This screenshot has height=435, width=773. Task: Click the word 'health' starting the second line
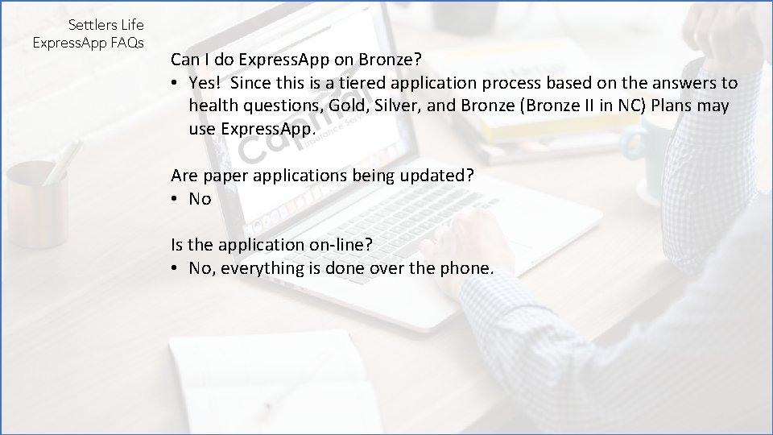[x=214, y=106]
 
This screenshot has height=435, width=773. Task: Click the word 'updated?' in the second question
[x=441, y=176]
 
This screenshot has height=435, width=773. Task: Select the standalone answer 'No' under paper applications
[x=200, y=199]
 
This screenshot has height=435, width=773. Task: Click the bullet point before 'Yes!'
[x=174, y=83]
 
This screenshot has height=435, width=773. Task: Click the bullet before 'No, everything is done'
[x=174, y=268]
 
